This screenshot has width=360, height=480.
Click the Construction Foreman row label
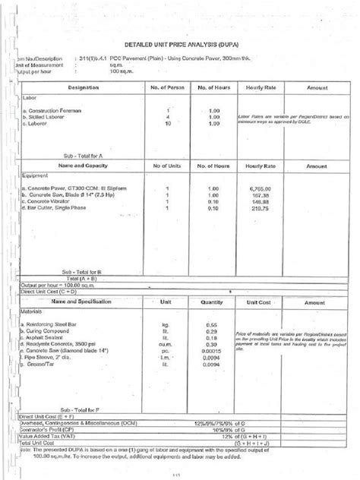click(51, 111)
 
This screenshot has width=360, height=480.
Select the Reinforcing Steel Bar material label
click(52, 324)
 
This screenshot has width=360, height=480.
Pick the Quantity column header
click(213, 302)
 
